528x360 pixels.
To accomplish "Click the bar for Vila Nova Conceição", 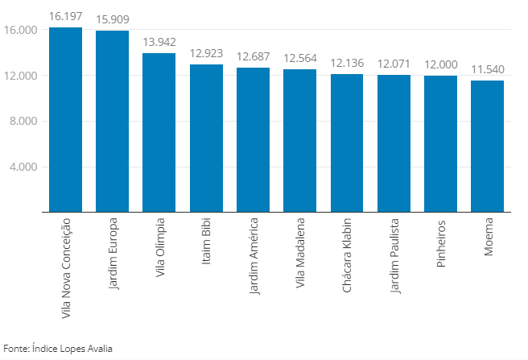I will pyautogui.click(x=65, y=120).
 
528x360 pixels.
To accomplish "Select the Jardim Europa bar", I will pyautogui.click(x=112, y=122).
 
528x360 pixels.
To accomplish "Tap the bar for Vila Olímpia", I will pyautogui.click(x=159, y=133).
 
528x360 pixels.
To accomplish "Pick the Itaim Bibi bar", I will pyautogui.click(x=206, y=139).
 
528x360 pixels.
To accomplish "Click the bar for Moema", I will pyautogui.click(x=487, y=147).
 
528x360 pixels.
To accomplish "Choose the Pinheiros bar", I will pyautogui.click(x=440, y=144).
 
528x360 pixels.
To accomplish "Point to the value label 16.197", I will pyautogui.click(x=65, y=16).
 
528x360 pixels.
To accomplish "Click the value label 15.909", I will pyautogui.click(x=112, y=19).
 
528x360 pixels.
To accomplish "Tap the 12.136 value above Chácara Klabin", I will pyautogui.click(x=347, y=63).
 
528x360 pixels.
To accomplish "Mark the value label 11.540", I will pyautogui.click(x=487, y=69).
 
